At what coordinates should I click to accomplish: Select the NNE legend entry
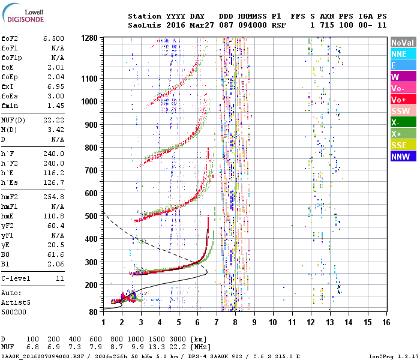[x=399, y=54]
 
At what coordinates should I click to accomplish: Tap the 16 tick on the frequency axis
[x=386, y=322]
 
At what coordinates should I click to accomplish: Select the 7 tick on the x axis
[x=217, y=322]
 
